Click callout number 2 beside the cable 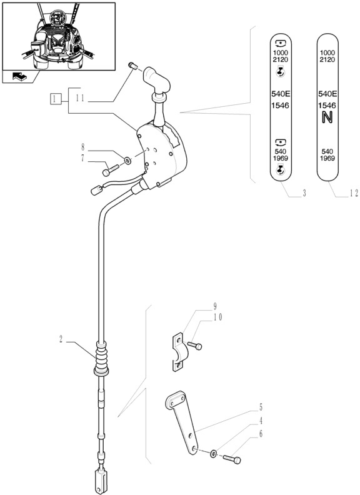pyautogui.click(x=61, y=340)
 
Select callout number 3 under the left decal pyautogui.click(x=304, y=194)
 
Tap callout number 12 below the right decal pyautogui.click(x=353, y=194)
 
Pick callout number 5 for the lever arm pyautogui.click(x=260, y=406)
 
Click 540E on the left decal pyautogui.click(x=279, y=93)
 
